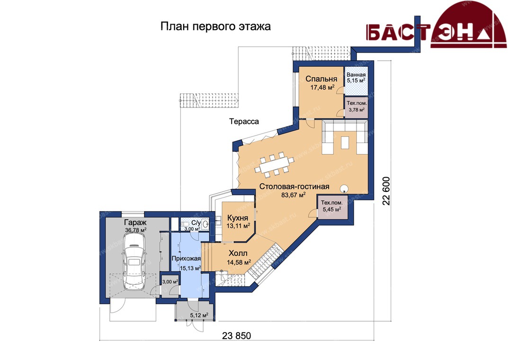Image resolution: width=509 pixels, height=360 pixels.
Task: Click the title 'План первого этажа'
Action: [215, 27]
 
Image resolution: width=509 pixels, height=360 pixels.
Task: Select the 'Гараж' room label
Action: [135, 222]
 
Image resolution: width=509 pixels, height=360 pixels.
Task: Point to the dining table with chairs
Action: [274, 165]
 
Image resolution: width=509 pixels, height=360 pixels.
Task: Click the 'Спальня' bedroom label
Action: [321, 79]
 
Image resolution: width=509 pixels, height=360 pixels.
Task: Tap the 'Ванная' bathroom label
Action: [356, 75]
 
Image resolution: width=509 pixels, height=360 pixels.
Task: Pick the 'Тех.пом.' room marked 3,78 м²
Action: [357, 106]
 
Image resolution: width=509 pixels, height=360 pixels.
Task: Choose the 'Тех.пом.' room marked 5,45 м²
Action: [332, 206]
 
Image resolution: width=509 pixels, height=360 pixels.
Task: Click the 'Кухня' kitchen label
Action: [238, 218]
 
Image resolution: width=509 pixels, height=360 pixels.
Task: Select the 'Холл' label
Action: [238, 253]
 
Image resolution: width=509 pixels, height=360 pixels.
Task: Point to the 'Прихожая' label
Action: [186, 259]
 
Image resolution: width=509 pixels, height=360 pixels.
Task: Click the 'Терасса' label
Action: [244, 121]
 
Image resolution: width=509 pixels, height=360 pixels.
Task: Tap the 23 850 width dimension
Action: [237, 335]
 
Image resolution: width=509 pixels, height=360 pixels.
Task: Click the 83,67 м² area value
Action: [293, 195]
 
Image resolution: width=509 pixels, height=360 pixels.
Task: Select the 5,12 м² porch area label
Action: [199, 315]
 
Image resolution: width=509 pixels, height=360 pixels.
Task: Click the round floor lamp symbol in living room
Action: [344, 188]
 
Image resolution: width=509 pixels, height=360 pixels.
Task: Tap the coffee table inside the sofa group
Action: [345, 142]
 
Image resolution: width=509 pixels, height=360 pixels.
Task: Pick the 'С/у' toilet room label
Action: [196, 223]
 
